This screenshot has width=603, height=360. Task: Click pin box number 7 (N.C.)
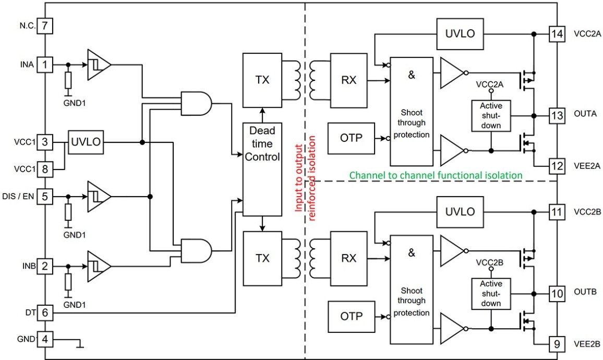point(45,26)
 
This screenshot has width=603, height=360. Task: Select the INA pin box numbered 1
point(45,64)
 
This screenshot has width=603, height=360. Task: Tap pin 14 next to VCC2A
point(557,34)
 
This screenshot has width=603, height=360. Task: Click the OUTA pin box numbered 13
point(557,115)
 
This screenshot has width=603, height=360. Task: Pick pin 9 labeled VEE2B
point(557,344)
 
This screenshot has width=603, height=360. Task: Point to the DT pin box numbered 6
point(45,313)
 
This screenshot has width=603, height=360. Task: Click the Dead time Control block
point(262,169)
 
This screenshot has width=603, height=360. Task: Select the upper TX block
point(262,80)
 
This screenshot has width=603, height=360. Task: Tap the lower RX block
point(349,258)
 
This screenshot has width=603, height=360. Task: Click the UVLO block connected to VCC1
point(86,142)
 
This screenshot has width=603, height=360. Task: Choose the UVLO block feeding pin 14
point(460,34)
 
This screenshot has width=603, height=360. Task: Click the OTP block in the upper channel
point(351,138)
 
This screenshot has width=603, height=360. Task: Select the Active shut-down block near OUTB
point(491,294)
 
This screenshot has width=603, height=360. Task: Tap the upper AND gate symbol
point(196,103)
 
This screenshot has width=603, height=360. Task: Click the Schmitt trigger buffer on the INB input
point(99,266)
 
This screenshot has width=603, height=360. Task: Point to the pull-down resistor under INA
point(68,81)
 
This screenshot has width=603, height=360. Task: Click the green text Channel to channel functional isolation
point(436,175)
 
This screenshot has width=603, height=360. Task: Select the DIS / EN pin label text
point(18,197)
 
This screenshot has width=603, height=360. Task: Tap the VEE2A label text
point(587,166)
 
